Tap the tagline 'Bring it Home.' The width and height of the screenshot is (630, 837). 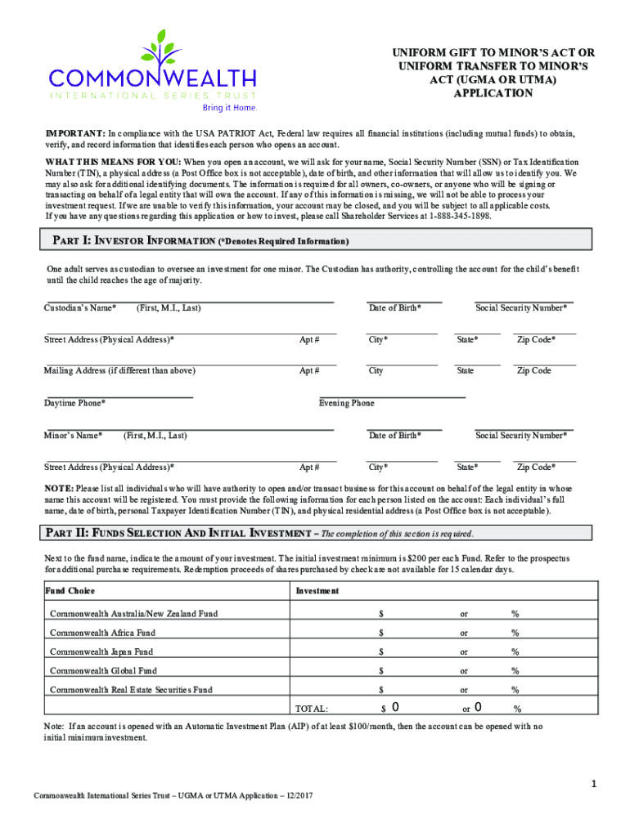point(230,107)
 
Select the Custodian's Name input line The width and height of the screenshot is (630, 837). point(189,302)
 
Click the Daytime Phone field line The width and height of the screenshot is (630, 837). point(119,396)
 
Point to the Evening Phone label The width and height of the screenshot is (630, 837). point(346,403)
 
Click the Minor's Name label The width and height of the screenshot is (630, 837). point(73,436)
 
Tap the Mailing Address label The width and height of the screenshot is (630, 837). point(119,371)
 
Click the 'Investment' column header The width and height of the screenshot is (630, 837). point(317,591)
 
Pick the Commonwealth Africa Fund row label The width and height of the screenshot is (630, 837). point(102,633)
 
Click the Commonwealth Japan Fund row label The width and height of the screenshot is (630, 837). point(101,652)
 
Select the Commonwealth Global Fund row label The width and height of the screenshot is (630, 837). point(103,671)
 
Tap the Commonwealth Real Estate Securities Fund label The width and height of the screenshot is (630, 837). point(131,690)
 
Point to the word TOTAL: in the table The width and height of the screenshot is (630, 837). point(311,709)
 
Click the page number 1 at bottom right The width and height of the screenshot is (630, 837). point(596,786)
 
